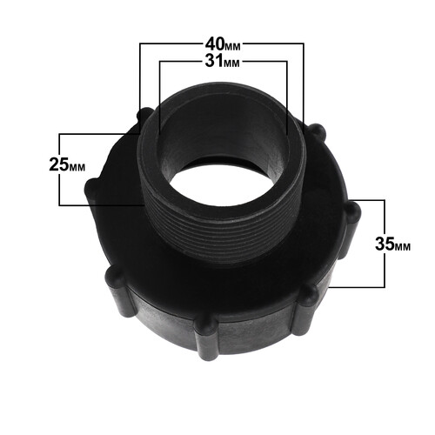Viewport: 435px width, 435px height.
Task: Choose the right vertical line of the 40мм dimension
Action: (305, 83)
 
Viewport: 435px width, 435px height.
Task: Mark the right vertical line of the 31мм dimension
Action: (286, 96)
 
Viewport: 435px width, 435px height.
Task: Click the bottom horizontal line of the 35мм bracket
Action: (352, 285)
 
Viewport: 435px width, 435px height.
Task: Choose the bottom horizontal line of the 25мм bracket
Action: (96, 204)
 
